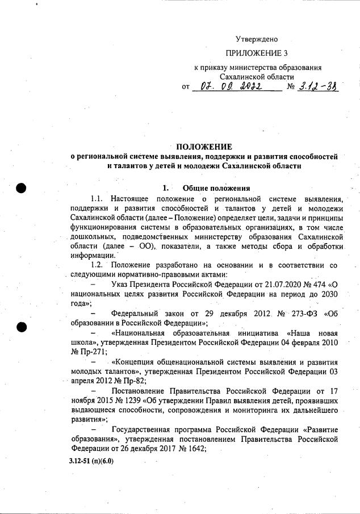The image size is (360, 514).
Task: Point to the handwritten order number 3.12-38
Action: click(317, 87)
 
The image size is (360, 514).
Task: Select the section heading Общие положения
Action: click(216, 188)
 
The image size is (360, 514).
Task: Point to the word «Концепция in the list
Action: click(135, 362)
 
